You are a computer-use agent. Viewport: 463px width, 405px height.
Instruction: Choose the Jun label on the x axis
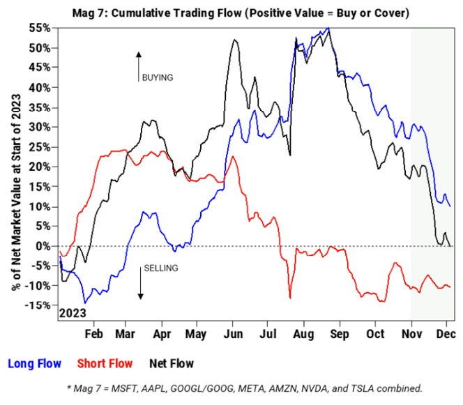pos(231,334)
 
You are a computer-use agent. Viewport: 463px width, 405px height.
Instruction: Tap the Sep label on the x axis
pos(340,334)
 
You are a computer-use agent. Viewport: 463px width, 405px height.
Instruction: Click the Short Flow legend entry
pos(104,363)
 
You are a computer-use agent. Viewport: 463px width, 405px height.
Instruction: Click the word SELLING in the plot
pos(160,268)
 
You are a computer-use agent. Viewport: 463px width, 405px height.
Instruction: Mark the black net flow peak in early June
pos(234,40)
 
